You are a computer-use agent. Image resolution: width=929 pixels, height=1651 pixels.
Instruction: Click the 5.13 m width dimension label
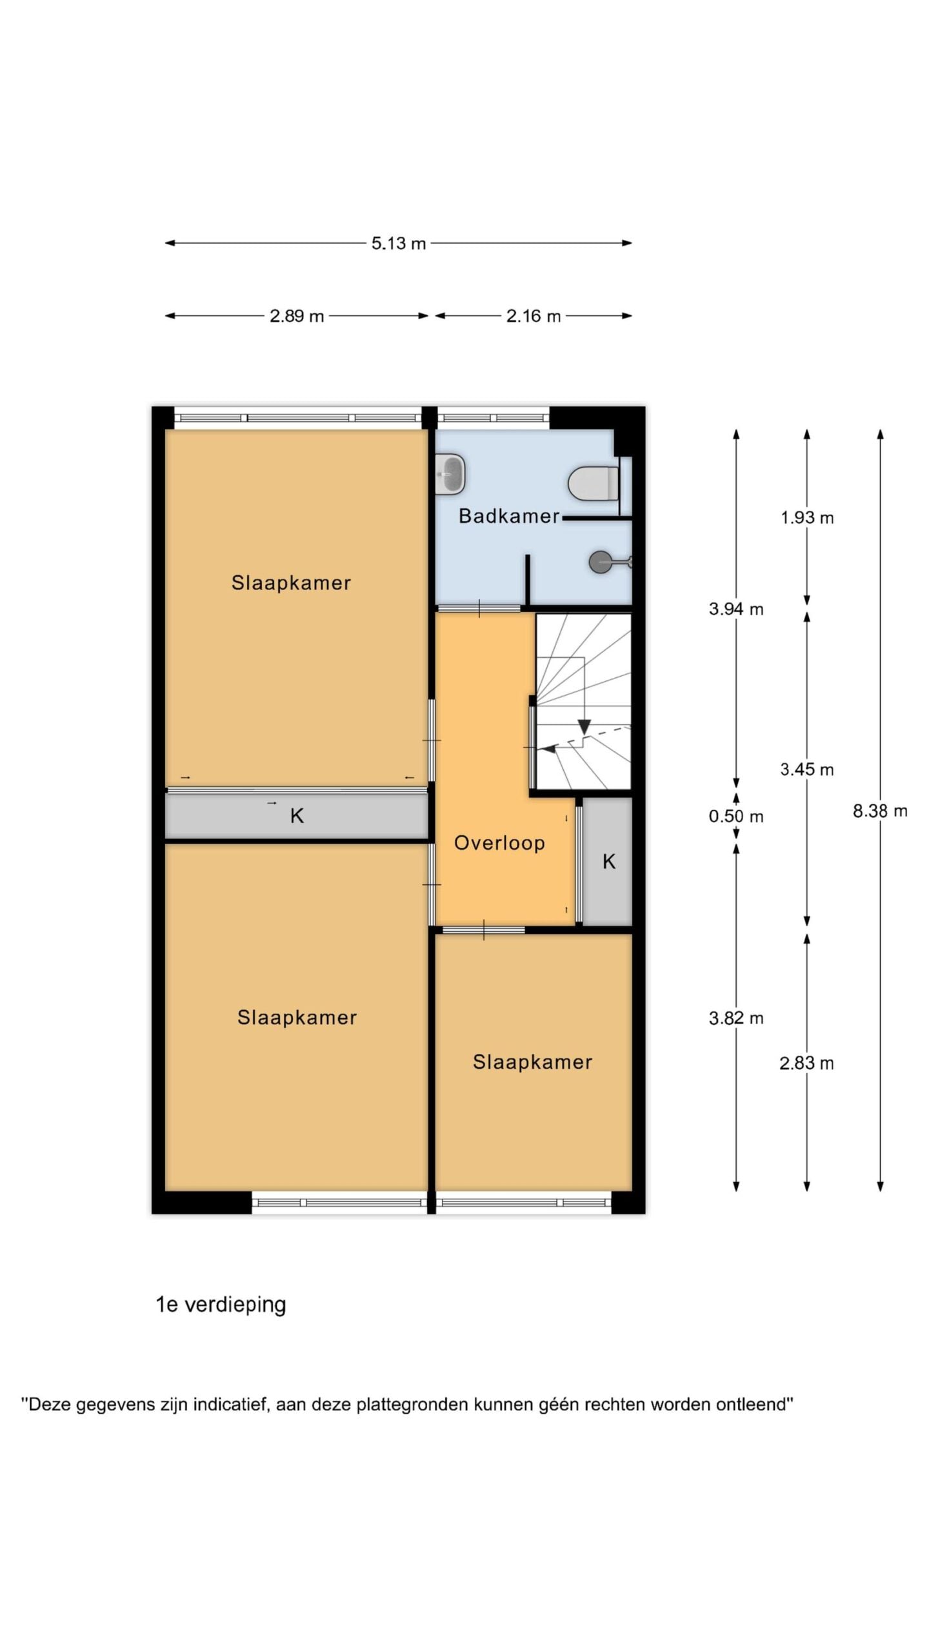coord(398,243)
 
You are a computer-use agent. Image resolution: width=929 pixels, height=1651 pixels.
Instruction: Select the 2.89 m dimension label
coord(297,316)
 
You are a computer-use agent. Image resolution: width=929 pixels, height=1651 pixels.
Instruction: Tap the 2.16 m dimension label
coord(534,316)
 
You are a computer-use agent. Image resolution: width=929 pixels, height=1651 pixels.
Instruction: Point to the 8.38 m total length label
coord(880,811)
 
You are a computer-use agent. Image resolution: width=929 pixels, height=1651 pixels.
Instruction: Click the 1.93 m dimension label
coord(807,518)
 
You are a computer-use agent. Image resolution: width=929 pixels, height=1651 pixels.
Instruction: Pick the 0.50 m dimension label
coord(736,816)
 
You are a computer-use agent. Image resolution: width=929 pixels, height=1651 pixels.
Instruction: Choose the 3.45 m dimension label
coord(807,769)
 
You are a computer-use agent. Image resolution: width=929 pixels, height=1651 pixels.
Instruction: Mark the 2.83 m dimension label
coord(806,1063)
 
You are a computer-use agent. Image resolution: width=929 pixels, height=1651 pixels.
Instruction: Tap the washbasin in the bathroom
coord(450,474)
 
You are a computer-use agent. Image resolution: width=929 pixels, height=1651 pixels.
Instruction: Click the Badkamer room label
coord(509,516)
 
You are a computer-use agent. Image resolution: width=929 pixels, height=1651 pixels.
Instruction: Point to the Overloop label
coord(499,843)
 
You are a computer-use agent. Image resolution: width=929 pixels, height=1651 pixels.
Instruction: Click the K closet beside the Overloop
coord(608,862)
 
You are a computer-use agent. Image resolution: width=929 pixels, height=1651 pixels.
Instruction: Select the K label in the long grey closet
coord(297,816)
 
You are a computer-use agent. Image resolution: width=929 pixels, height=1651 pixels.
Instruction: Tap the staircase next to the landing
coord(583,701)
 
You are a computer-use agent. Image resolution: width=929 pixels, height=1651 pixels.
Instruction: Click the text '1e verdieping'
coord(221,1305)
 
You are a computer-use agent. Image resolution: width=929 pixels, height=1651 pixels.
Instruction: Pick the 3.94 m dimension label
coord(736,609)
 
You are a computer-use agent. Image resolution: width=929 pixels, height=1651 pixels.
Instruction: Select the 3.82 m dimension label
coord(736,1018)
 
